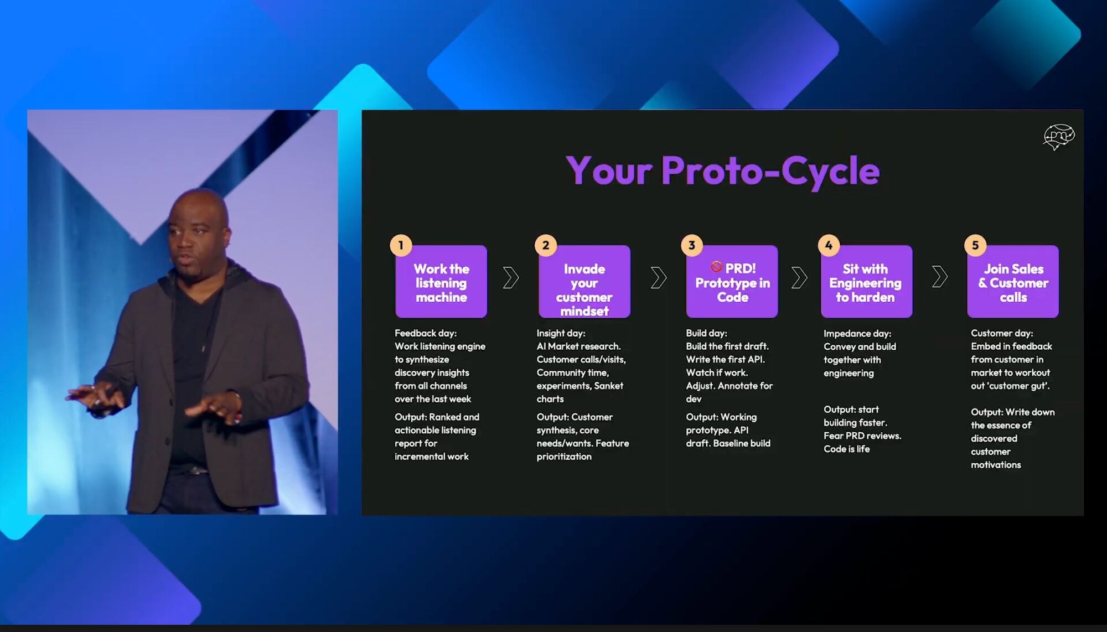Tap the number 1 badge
pyautogui.click(x=401, y=245)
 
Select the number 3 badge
pyautogui.click(x=691, y=245)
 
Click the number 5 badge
pyautogui.click(x=975, y=245)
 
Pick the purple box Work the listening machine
pyautogui.click(x=441, y=282)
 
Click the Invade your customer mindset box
pyautogui.click(x=584, y=282)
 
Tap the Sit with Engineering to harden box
pyautogui.click(x=866, y=282)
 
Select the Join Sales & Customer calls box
pyautogui.click(x=1013, y=282)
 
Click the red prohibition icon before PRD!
pyautogui.click(x=716, y=267)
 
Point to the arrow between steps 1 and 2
pyautogui.click(x=511, y=278)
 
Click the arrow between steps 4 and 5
pyautogui.click(x=939, y=277)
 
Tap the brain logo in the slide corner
pyautogui.click(x=1058, y=137)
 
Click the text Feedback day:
pyautogui.click(x=426, y=333)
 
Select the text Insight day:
pyautogui.click(x=561, y=333)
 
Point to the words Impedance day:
pyautogui.click(x=857, y=334)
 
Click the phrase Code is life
pyautogui.click(x=846, y=449)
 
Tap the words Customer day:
pyautogui.click(x=1002, y=333)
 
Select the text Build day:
pyautogui.click(x=706, y=333)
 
